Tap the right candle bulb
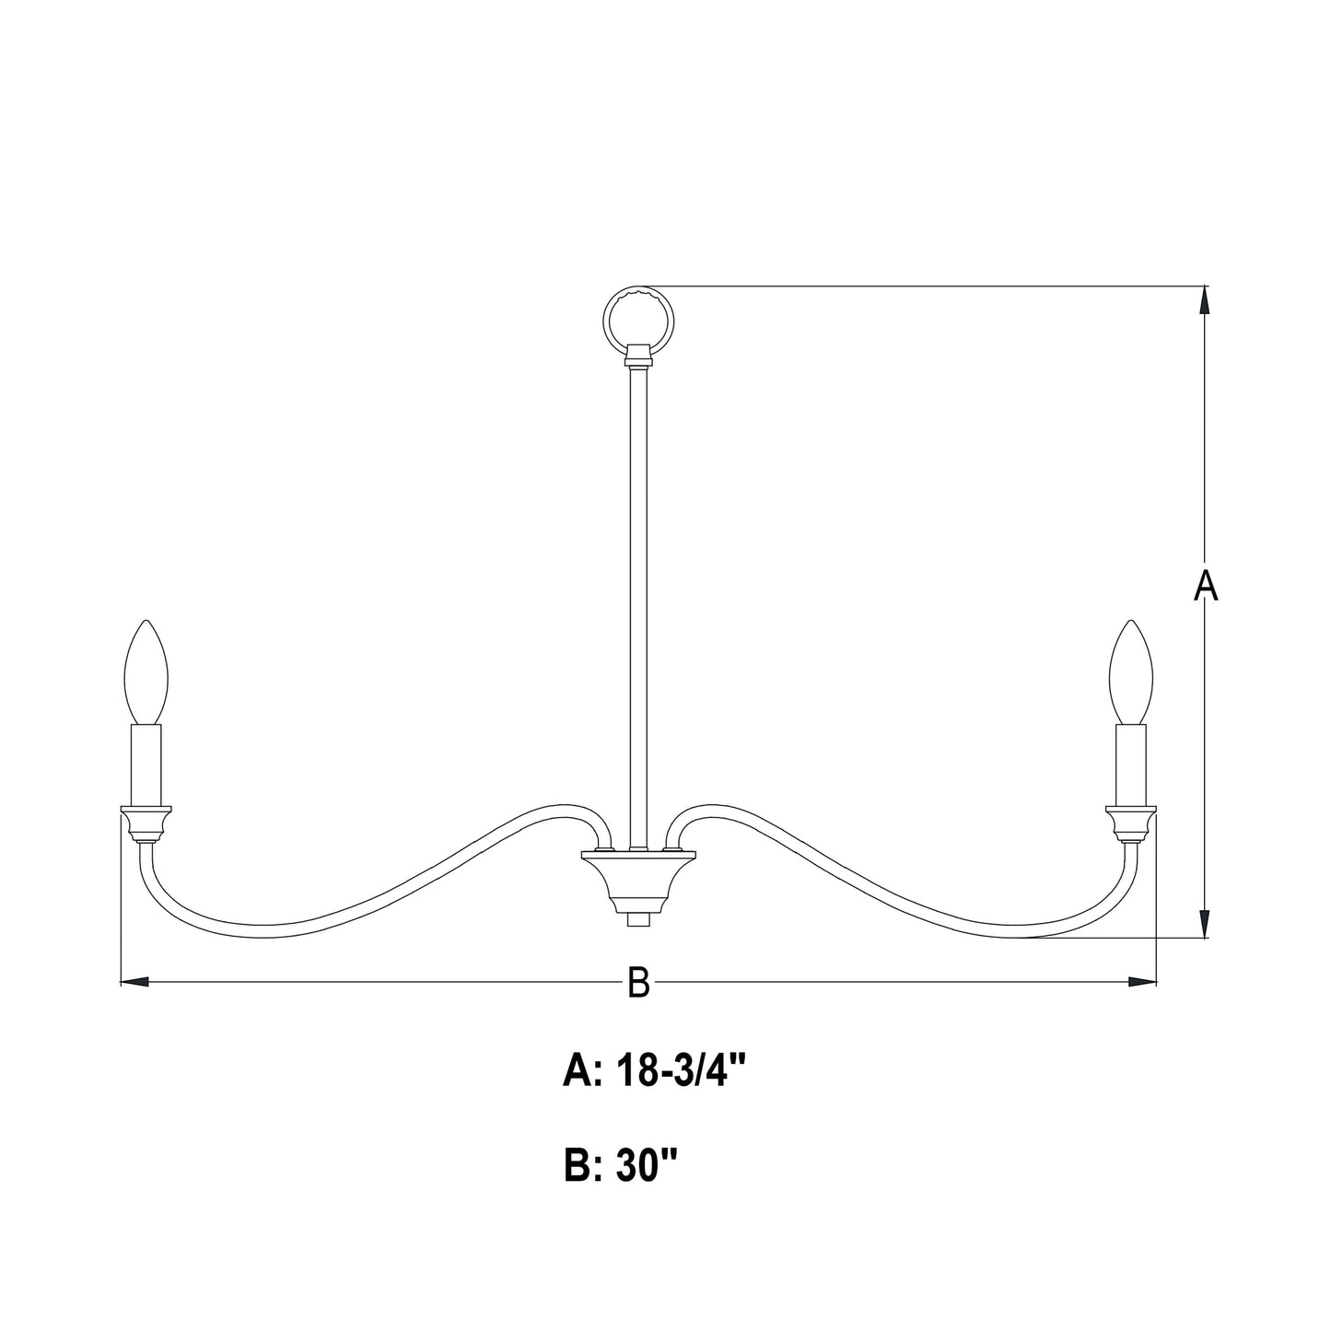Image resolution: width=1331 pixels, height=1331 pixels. [x=1131, y=671]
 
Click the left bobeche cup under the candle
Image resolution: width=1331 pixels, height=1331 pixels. [x=146, y=822]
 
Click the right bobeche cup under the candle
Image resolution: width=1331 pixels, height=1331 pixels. [x=1131, y=822]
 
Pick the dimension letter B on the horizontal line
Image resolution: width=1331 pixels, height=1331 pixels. [x=638, y=984]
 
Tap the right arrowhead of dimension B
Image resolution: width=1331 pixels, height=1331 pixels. [x=1142, y=983]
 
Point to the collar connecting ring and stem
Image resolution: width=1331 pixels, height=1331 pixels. [x=637, y=354]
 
